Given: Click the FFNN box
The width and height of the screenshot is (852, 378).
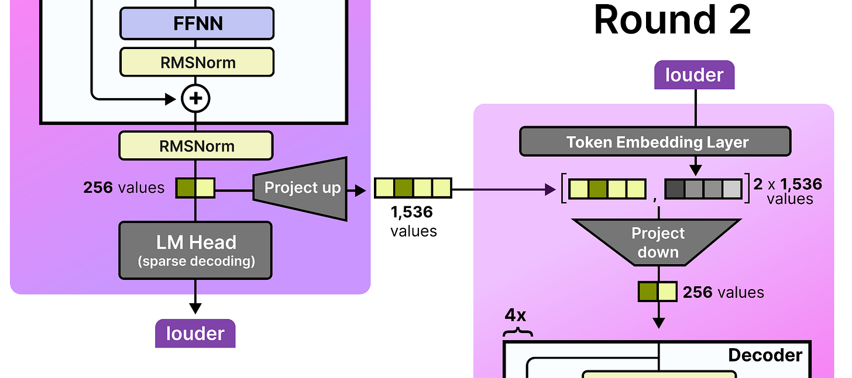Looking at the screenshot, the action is [x=197, y=23].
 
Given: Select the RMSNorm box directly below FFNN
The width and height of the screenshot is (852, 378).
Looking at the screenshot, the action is [x=197, y=62].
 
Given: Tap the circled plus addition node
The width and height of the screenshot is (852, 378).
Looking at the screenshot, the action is [x=195, y=98].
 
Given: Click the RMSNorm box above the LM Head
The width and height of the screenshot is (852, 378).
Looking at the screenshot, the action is [x=196, y=145].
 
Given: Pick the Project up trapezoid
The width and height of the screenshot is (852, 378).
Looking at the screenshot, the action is [x=301, y=189].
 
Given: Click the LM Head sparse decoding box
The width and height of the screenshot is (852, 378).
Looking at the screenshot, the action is [x=195, y=251].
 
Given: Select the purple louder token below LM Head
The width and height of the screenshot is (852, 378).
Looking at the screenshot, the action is [x=195, y=333].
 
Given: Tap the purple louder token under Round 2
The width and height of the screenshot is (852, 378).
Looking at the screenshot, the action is [x=694, y=75].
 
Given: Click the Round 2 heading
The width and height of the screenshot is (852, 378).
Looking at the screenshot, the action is [x=672, y=20].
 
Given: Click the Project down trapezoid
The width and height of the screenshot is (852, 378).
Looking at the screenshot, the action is [x=657, y=242].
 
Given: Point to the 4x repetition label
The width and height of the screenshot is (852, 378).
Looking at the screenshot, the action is [x=516, y=315].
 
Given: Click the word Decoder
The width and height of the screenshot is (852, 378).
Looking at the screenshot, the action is [x=765, y=355].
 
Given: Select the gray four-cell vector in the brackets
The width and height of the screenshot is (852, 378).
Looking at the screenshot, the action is [x=703, y=189].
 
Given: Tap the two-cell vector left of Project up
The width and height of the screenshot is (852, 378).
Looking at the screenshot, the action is [x=195, y=188].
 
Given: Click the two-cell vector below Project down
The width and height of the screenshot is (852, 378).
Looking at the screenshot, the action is [x=658, y=292].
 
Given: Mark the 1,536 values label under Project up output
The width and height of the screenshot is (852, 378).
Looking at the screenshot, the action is [x=414, y=221].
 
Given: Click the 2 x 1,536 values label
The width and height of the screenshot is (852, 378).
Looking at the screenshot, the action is [x=788, y=191].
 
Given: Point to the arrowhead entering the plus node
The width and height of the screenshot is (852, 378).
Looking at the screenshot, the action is [x=170, y=99].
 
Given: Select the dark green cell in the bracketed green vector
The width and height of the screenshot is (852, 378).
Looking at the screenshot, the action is [x=597, y=189].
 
